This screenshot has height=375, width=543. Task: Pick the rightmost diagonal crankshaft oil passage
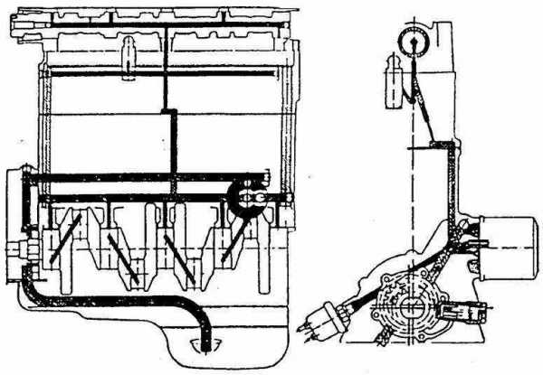tap(233, 237)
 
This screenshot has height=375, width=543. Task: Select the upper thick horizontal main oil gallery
tap(145, 176)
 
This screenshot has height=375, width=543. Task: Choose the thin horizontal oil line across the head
tap(168, 80)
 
